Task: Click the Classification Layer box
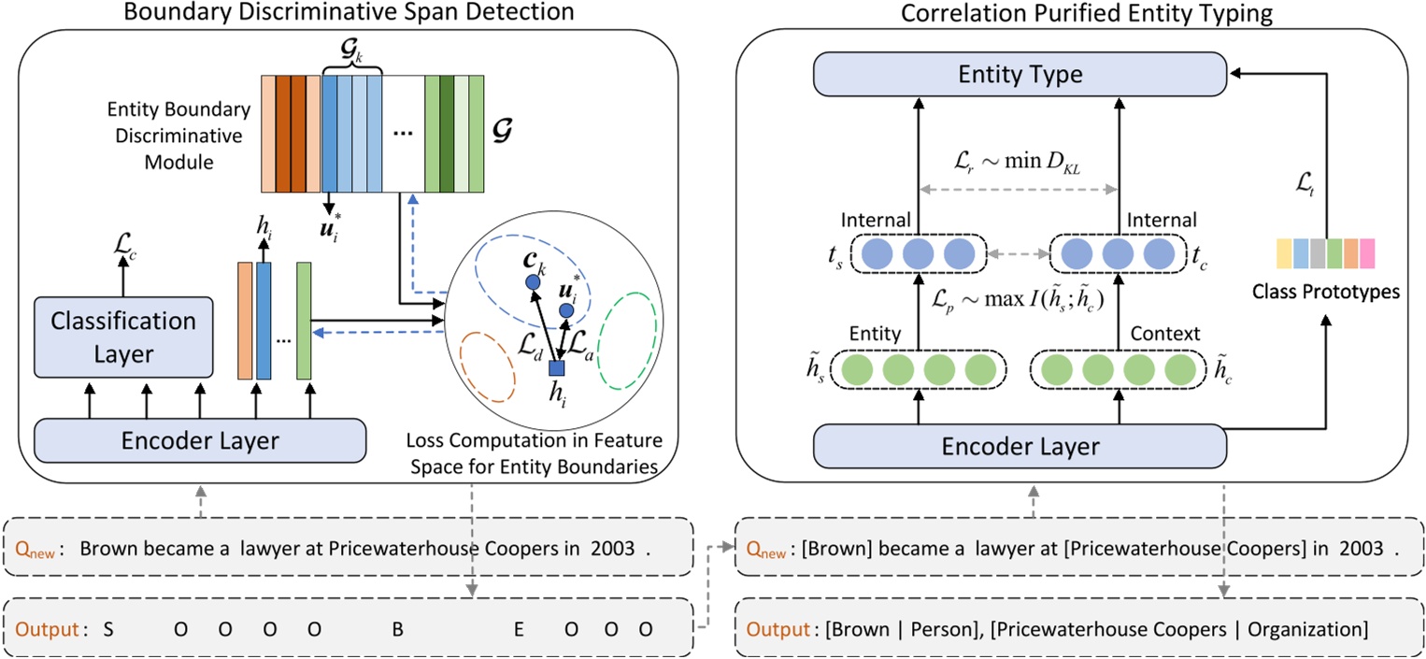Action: pos(124,337)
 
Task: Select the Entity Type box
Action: pos(1020,73)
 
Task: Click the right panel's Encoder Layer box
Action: pos(1020,447)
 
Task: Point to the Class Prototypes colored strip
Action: pos(1326,254)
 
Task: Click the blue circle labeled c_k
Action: pos(533,281)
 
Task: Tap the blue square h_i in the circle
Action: pos(557,368)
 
